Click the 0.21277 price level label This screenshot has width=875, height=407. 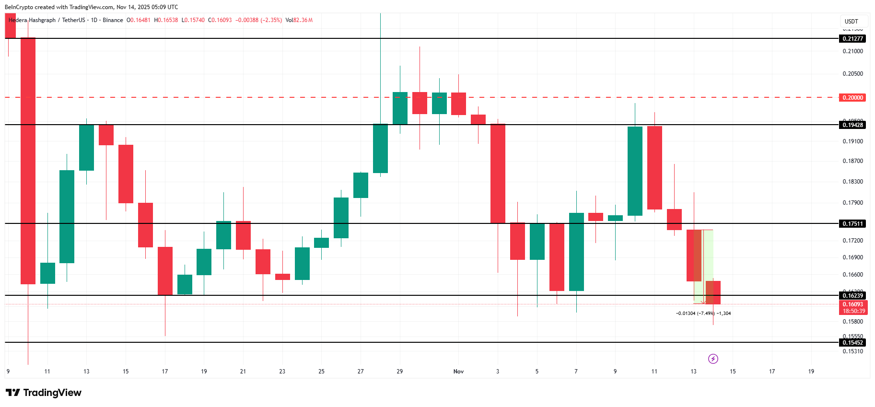tap(852, 39)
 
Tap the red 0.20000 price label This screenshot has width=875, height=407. tap(852, 98)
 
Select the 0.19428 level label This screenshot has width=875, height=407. tap(852, 125)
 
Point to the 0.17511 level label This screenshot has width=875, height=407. tap(852, 224)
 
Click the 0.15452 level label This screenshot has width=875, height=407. tap(852, 343)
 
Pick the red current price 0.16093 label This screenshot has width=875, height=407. tap(853, 304)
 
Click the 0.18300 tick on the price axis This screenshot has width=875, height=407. tap(852, 182)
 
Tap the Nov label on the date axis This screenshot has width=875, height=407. tap(458, 372)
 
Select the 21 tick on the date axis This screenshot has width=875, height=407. tap(243, 372)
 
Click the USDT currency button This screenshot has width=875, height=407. tap(851, 22)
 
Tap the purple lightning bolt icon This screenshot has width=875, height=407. tap(713, 359)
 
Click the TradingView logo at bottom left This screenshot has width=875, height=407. tap(44, 393)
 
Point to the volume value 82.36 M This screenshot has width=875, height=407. tap(303, 20)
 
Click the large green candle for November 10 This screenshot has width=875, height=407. tap(635, 171)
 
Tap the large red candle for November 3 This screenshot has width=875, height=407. tap(498, 174)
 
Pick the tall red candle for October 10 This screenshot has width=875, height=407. tap(28, 161)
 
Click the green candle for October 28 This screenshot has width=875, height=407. tap(380, 149)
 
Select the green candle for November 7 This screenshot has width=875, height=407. tap(576, 252)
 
